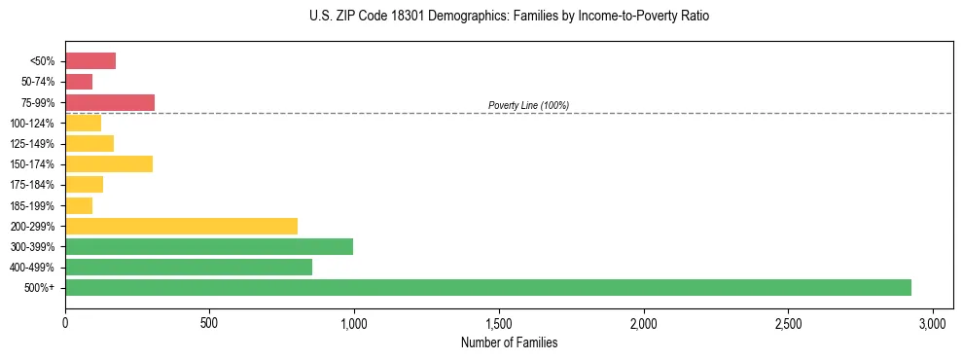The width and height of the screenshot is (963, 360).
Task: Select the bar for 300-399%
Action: coord(209,246)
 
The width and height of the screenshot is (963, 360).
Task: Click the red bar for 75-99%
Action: coord(110,102)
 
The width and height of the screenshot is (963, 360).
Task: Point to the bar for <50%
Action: coord(90,61)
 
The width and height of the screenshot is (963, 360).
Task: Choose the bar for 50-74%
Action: coord(79,82)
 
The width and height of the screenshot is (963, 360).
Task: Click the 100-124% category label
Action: coord(32,124)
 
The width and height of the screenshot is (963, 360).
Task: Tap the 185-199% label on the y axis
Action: coord(32,205)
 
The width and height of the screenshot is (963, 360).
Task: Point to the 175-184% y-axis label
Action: coord(32,185)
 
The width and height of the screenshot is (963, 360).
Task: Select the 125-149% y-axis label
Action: coord(32,144)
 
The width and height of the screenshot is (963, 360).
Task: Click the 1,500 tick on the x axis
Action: coord(499,322)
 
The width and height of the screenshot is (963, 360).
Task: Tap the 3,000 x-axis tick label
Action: coord(933,322)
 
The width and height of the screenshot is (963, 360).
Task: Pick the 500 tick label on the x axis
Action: coord(209,322)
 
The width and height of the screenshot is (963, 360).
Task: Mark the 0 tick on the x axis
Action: coord(65,322)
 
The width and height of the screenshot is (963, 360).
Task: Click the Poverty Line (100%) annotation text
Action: coord(528,105)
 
